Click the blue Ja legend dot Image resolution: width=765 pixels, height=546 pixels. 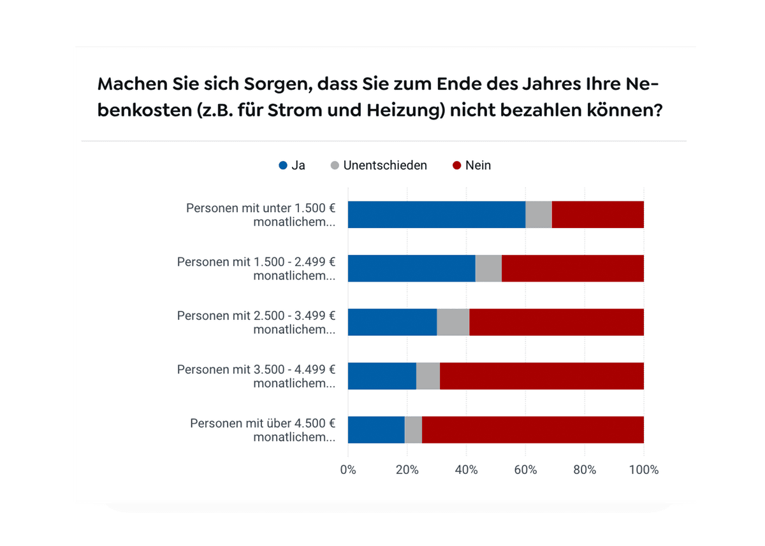(x=283, y=166)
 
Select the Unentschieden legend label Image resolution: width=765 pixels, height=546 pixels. (x=384, y=166)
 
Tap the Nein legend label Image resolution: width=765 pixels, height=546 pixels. (x=477, y=166)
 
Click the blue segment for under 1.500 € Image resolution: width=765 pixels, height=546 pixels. (x=436, y=215)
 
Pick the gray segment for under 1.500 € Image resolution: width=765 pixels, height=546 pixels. (x=538, y=215)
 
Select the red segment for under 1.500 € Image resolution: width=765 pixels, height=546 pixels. (x=597, y=215)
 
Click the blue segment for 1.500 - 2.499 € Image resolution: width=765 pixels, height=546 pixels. (x=411, y=268)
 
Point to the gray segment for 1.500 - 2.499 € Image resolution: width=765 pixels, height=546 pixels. (x=488, y=268)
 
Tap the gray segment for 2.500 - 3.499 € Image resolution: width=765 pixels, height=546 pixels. (x=453, y=322)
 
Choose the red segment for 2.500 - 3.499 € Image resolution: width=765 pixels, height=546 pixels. (x=556, y=322)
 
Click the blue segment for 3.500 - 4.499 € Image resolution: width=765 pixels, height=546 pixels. (x=382, y=376)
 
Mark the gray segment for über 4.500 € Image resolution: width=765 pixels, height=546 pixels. (x=413, y=429)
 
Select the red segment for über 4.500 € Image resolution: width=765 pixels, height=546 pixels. (x=532, y=429)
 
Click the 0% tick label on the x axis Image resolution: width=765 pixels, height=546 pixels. (x=348, y=470)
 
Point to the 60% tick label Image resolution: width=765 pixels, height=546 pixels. (x=525, y=470)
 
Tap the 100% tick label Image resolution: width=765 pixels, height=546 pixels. (x=644, y=470)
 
